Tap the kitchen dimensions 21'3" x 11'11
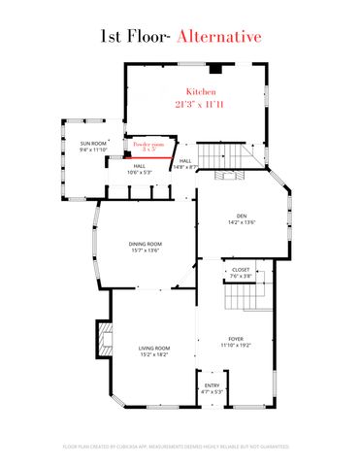tap(194, 102)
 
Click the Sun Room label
tap(93, 143)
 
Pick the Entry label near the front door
tap(212, 385)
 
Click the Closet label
tap(241, 270)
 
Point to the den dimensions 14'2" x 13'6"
tap(243, 222)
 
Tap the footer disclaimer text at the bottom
tap(180, 447)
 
